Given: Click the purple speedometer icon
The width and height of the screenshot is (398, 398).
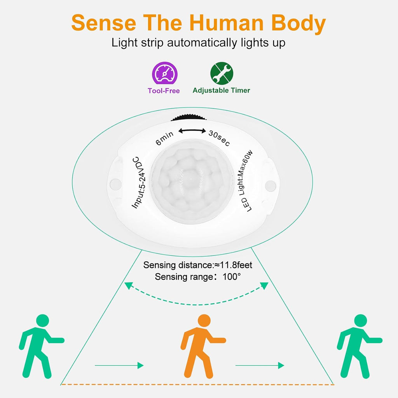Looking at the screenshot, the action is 165,73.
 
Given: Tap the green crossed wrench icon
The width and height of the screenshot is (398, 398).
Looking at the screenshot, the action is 222,73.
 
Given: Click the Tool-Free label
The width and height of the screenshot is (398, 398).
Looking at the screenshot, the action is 164,91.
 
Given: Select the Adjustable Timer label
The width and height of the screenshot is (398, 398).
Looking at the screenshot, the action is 221,90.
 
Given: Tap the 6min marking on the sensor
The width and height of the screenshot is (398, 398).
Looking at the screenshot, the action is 164,138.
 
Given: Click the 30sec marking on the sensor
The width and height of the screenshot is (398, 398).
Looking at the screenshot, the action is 219,138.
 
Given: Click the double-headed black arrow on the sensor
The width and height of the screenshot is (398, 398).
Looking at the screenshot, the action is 192,131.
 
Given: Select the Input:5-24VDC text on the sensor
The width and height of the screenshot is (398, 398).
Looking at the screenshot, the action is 139,183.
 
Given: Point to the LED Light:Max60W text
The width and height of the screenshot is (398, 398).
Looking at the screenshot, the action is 246,181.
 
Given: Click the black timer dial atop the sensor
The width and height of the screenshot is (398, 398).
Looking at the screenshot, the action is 189,118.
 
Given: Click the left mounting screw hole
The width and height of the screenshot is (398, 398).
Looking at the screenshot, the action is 115,184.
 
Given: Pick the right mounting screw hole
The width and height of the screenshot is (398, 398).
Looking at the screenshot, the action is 271,186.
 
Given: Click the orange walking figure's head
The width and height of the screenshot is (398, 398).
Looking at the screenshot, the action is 204,321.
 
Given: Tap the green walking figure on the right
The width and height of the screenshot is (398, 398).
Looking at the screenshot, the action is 360,346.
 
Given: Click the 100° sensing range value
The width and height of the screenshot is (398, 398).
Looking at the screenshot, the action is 232,276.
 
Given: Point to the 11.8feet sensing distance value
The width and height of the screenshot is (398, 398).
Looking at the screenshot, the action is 236,265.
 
